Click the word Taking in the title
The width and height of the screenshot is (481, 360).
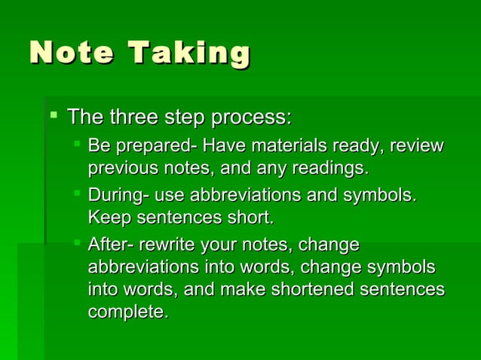[x=189, y=54]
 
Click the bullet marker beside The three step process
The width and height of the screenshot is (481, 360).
[x=53, y=116]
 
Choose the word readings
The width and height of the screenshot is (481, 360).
[x=332, y=166]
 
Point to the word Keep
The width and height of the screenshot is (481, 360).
[x=107, y=218]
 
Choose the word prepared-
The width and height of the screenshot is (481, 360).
[x=153, y=145]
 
